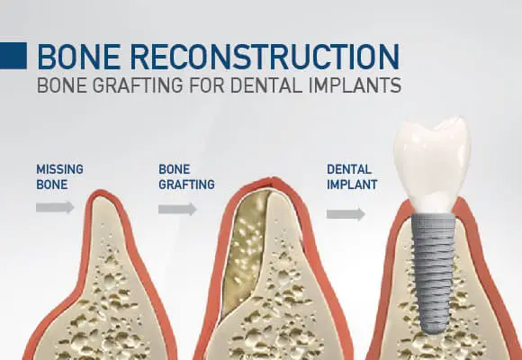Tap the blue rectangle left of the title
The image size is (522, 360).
[x=13, y=55]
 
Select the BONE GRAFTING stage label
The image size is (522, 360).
[x=186, y=176]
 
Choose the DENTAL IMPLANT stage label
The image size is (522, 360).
[x=352, y=176]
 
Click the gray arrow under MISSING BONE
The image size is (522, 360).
[x=55, y=207]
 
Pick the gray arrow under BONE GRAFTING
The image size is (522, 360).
[x=177, y=209]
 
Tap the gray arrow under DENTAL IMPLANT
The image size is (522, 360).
[x=346, y=214]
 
